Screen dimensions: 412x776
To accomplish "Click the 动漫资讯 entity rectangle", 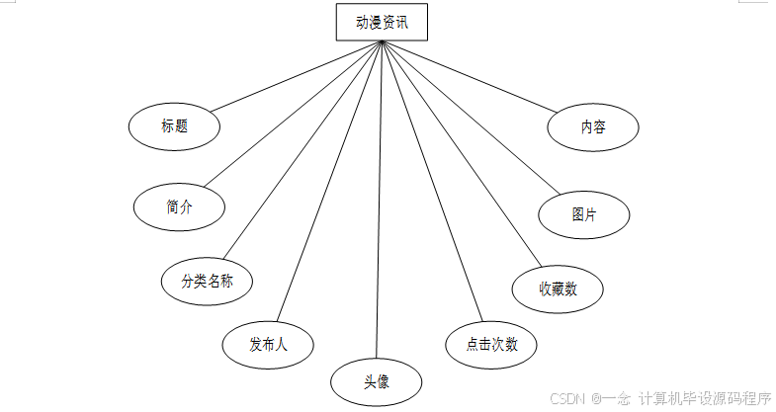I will pyautogui.click(x=382, y=22).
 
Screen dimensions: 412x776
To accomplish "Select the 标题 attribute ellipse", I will pyautogui.click(x=174, y=126).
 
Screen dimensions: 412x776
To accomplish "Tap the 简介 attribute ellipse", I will pyautogui.click(x=179, y=206).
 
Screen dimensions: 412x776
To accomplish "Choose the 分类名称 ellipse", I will pyautogui.click(x=207, y=281).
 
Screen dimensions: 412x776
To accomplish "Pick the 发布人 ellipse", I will pyautogui.click(x=268, y=344).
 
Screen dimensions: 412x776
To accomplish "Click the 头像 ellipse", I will pyautogui.click(x=376, y=381).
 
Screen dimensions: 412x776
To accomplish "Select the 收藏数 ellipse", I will pyautogui.click(x=558, y=288).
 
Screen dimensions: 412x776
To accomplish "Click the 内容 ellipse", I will pyautogui.click(x=593, y=127).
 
